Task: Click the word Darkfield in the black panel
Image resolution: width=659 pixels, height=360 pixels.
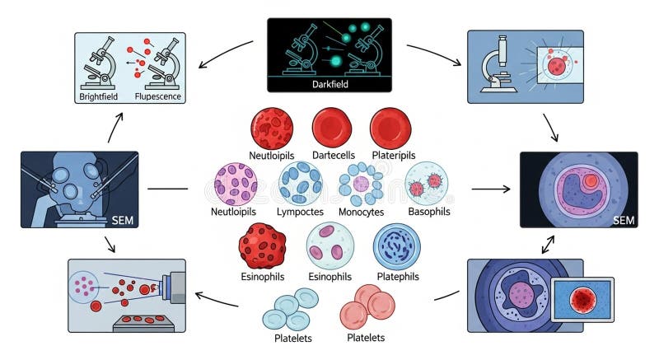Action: [329, 83]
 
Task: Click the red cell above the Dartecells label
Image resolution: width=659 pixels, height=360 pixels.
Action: [333, 128]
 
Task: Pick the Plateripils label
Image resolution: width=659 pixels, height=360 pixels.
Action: [393, 156]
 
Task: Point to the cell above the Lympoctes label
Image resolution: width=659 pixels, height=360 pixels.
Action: [301, 182]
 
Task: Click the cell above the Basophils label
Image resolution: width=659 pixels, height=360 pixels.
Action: [426, 182]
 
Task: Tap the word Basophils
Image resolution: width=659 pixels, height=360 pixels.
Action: [429, 212]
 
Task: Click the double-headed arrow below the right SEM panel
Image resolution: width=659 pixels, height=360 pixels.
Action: [547, 243]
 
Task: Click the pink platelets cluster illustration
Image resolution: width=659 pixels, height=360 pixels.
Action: [367, 306]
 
